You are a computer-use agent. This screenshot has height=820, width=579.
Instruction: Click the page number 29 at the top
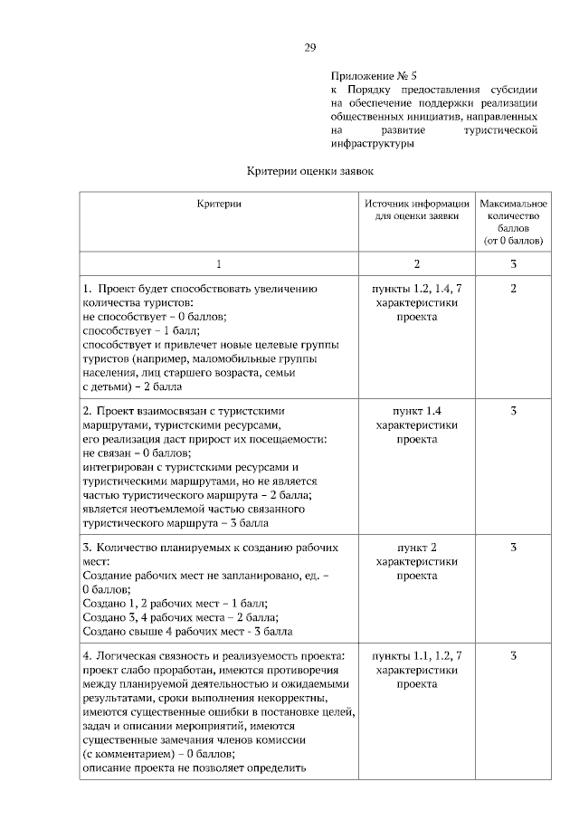309,46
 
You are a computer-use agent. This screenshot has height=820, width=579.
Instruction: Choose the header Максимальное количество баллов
513,223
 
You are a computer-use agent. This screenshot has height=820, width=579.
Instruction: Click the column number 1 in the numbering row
219,263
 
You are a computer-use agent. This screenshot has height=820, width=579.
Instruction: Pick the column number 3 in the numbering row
513,263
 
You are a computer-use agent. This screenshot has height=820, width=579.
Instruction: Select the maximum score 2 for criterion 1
513,289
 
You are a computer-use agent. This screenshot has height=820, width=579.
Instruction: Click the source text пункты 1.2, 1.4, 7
416,289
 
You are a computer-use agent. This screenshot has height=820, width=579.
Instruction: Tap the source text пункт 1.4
416,411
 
